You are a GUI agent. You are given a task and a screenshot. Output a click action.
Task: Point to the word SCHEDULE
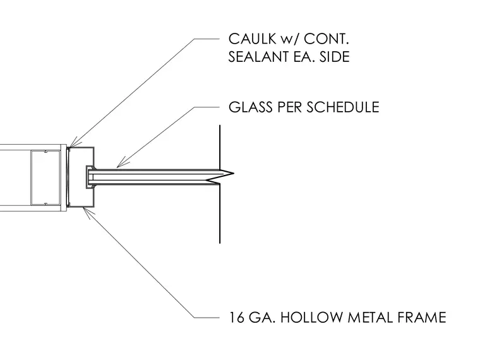pos(343,107)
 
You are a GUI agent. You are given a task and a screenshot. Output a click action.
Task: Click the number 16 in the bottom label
pos(237,317)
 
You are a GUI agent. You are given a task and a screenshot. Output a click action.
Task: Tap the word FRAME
pos(422,317)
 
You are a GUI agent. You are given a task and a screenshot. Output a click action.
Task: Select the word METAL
pos(370,317)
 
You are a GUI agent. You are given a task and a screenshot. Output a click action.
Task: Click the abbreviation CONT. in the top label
pos(327,39)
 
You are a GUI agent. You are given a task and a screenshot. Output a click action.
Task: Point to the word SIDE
pos(335,57)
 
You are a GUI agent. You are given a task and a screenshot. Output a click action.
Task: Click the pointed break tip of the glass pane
pos(233,174)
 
